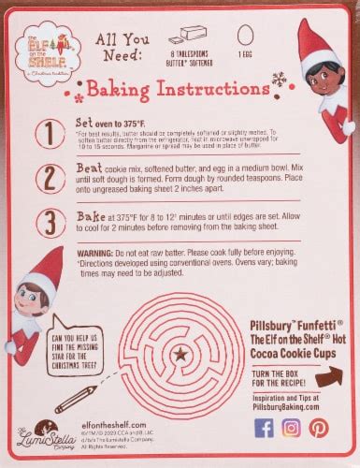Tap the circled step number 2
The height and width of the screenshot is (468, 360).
(44, 179)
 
